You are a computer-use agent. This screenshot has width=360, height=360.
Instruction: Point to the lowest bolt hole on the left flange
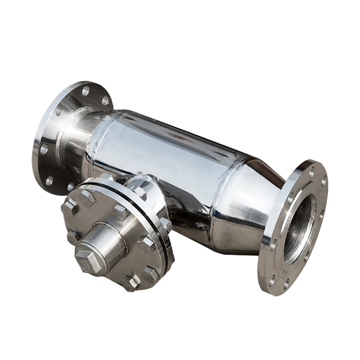coord(49,181)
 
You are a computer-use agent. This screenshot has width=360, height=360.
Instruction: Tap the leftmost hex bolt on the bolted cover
coord(69,207)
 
